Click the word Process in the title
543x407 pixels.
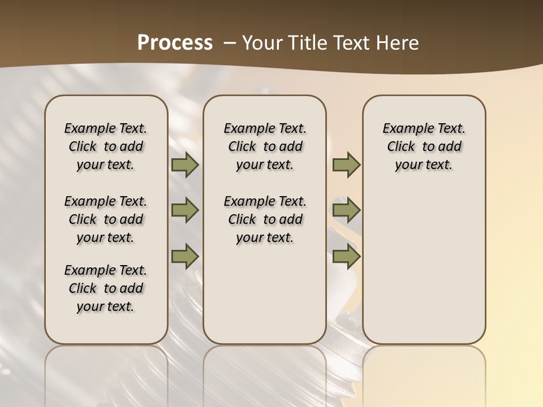click(175, 42)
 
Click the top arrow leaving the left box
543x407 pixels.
click(184, 165)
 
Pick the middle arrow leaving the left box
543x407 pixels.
click(184, 210)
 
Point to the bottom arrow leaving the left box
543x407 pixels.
click(184, 256)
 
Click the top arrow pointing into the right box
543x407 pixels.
click(346, 165)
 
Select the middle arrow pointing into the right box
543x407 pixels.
click(346, 210)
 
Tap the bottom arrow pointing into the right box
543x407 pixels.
click(346, 256)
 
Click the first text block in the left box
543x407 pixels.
click(106, 146)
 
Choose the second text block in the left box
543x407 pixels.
click(106, 219)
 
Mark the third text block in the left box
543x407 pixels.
click(106, 288)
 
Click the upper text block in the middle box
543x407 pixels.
click(265, 146)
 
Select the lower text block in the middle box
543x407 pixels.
click(265, 219)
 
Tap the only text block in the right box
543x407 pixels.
click(424, 146)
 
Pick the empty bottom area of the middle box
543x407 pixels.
click(265, 300)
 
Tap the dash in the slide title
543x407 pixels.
click(230, 42)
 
